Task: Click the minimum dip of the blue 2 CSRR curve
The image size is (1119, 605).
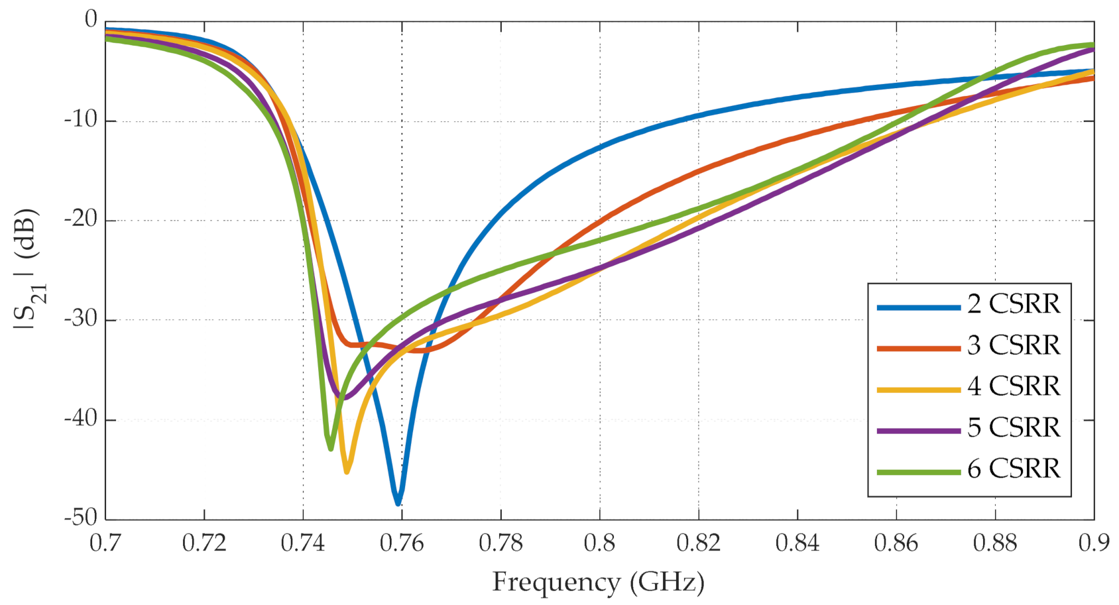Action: [x=398, y=503]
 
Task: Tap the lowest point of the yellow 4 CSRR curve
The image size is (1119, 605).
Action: [x=347, y=470]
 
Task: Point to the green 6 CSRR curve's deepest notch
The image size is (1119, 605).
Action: [x=330, y=448]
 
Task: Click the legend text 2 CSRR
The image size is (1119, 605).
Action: [x=1014, y=304]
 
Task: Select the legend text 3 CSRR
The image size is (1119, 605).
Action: [x=1014, y=345]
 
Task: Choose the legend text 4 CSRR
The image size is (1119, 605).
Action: [x=1014, y=386]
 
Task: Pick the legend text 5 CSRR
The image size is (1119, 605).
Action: [x=1014, y=427]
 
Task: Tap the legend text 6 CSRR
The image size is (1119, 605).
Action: [x=1014, y=468]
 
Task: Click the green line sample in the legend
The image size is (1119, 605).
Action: [x=918, y=472]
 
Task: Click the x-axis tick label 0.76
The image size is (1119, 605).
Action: [x=402, y=543]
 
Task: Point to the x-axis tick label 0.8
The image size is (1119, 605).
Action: [x=599, y=543]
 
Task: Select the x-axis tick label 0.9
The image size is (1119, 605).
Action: [x=1093, y=543]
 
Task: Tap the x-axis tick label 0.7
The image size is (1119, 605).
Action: [x=105, y=543]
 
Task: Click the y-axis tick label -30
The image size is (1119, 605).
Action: [x=80, y=319]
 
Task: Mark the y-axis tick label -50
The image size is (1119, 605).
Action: [x=80, y=518]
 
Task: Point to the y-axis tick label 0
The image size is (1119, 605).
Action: [x=91, y=21]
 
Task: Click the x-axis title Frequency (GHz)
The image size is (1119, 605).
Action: [x=598, y=582]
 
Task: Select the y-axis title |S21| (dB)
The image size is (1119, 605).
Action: [x=28, y=268]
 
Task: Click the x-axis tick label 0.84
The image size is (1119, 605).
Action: [x=797, y=543]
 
